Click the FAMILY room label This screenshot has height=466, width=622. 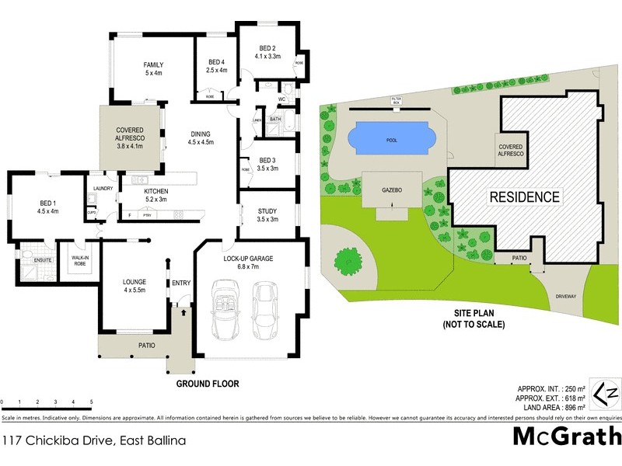(152, 64)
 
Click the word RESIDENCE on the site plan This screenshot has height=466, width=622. (523, 197)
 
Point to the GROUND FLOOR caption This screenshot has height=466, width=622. (207, 384)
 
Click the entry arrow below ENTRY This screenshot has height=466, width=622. (183, 312)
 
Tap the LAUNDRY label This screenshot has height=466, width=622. (103, 188)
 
